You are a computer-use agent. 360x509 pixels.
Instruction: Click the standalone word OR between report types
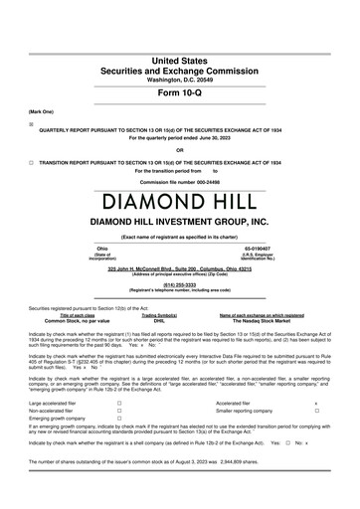pyautogui.click(x=180, y=150)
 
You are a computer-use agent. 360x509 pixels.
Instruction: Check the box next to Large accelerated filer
pyautogui.click(x=118, y=404)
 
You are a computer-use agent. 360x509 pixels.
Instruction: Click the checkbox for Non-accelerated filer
pyautogui.click(x=118, y=411)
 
